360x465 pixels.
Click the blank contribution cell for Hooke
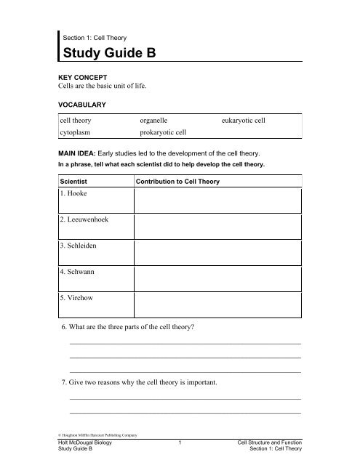[x=217, y=201]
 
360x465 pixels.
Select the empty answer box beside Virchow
[x=217, y=304]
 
